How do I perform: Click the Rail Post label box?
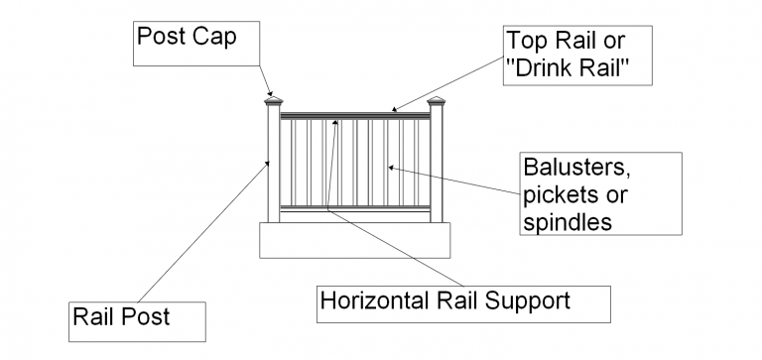point(137,318)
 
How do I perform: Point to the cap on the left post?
point(273,101)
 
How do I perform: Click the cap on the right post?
point(437,102)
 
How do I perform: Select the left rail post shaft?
point(273,164)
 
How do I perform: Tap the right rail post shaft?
point(437,164)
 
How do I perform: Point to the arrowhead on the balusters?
point(390,167)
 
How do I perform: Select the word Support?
point(532,299)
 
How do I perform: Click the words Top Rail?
point(549,42)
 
